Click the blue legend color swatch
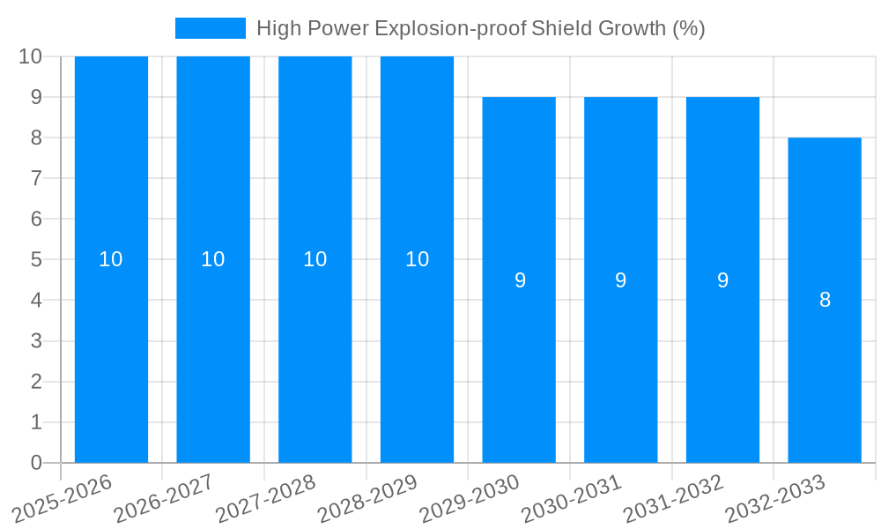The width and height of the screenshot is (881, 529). [x=210, y=28]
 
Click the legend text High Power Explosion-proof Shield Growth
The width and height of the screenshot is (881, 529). [x=480, y=28]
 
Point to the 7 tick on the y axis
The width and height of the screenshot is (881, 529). [x=36, y=178]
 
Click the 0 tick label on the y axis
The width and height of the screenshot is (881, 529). [x=36, y=463]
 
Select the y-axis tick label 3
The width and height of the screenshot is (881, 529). [x=36, y=341]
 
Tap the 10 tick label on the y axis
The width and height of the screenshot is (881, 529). [x=31, y=56]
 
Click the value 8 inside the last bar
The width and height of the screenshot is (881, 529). [x=825, y=300]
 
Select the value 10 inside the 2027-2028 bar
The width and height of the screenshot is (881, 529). [x=315, y=259]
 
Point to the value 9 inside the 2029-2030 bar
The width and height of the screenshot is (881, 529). [x=520, y=280]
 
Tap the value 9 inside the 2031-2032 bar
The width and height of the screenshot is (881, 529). [x=722, y=280]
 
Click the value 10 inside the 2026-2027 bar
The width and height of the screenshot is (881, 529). [x=213, y=259]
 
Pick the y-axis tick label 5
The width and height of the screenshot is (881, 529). [x=36, y=260]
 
